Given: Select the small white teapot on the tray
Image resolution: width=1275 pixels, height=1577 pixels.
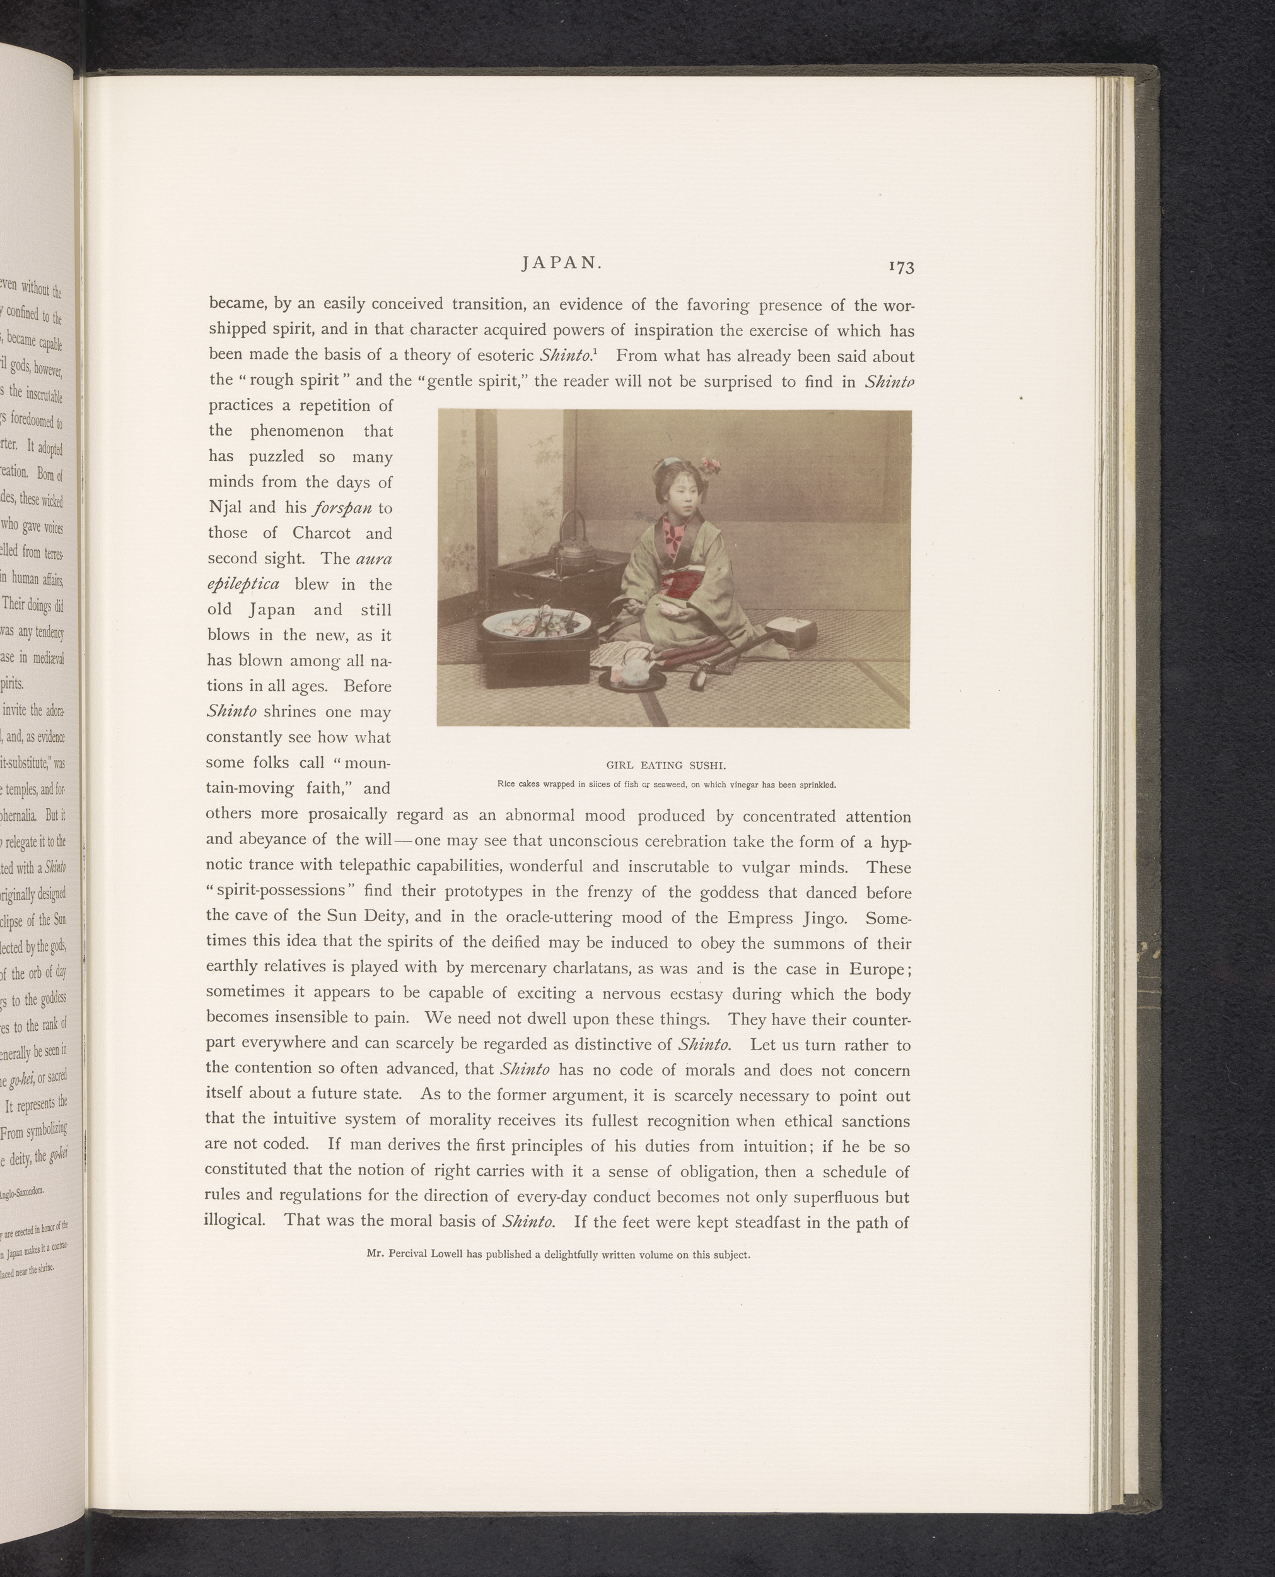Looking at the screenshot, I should point(632,671).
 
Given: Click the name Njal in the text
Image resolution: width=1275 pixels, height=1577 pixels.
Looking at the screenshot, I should point(231,508).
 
